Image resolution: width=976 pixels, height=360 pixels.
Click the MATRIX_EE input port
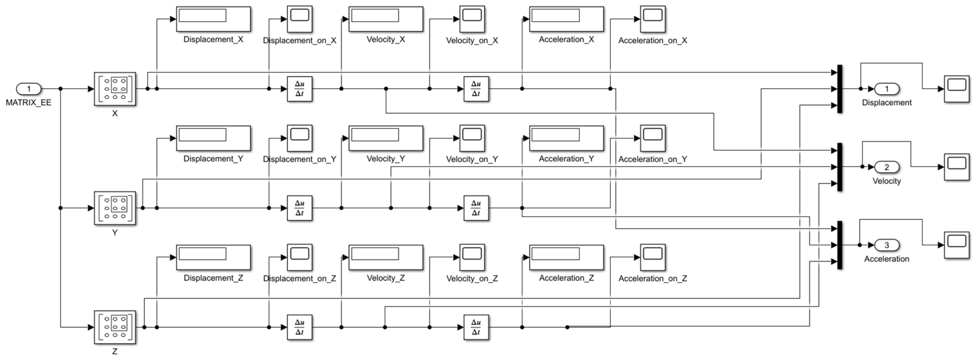28,89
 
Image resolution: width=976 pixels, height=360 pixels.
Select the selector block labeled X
115,89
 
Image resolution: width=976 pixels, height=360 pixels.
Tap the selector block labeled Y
115,208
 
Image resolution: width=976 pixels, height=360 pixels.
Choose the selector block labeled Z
115,327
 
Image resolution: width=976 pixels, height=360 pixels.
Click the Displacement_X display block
213,19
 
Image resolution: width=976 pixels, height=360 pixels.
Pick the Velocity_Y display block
386,138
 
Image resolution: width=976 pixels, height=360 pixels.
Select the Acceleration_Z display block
566,257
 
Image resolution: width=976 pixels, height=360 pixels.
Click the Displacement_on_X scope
300,19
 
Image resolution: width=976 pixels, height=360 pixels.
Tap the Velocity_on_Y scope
472,138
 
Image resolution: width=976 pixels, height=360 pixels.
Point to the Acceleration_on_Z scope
653,257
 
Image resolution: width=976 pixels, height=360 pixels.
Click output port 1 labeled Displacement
887,89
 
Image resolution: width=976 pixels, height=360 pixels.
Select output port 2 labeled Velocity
887,167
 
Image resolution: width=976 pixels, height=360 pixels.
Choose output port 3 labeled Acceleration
887,245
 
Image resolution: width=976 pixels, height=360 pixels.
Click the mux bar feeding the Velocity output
840,167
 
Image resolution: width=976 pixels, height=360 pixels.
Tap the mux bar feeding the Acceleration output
840,245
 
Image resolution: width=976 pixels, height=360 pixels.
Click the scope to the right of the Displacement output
956,89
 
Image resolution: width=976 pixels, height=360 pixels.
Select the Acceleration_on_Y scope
653,138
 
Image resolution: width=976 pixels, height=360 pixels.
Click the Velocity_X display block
386,19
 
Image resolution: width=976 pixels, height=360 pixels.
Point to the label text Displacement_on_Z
300,279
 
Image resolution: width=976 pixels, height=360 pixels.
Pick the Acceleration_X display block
566,19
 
